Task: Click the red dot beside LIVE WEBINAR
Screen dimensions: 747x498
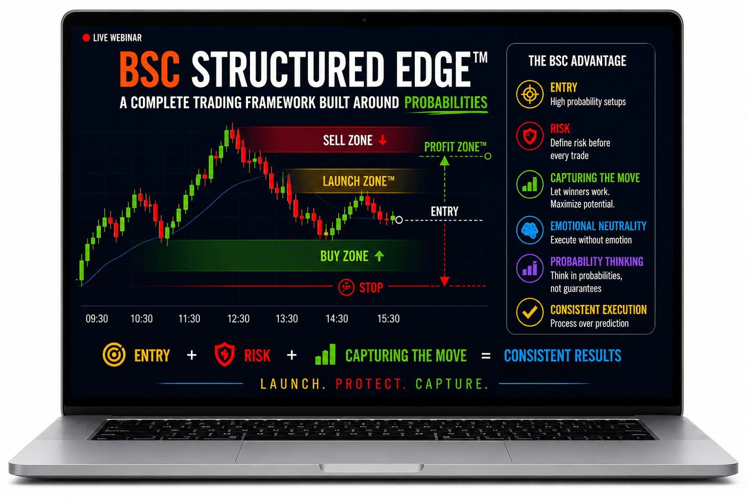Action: pos(86,38)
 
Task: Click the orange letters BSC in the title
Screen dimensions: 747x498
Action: pos(149,70)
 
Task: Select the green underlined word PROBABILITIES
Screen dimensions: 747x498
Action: pos(446,103)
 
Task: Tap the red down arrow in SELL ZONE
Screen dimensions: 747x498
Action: pos(383,140)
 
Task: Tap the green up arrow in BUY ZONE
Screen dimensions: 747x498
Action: pos(379,256)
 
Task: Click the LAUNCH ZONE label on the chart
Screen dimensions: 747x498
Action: pos(359,181)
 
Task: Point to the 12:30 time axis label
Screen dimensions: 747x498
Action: pos(238,319)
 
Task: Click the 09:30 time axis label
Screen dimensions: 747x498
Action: pos(97,319)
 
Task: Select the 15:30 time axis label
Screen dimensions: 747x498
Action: pos(388,319)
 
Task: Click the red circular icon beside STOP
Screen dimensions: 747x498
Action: pos(346,287)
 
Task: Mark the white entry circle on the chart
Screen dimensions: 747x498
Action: pos(399,220)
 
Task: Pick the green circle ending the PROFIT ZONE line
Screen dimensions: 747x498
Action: pos(488,156)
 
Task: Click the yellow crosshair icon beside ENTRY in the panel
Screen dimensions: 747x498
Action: pos(529,94)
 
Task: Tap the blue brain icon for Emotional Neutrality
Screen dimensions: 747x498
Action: pos(529,230)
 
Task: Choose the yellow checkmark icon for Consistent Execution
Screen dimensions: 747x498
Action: pos(529,312)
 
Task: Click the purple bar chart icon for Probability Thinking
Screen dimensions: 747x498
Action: pos(529,268)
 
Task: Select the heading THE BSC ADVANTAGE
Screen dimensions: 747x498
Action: pos(577,61)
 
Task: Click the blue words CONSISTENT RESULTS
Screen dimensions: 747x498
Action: pos(563,356)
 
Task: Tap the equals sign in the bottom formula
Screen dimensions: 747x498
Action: pos(486,356)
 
